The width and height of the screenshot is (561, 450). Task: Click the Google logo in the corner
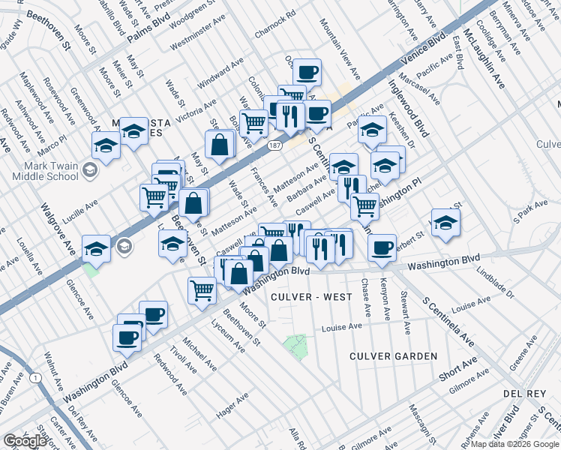(x=25, y=441)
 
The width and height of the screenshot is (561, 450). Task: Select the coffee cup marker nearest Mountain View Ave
(x=306, y=73)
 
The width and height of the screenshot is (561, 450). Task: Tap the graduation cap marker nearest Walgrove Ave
(x=97, y=248)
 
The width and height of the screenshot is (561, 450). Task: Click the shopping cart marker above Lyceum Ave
(x=202, y=289)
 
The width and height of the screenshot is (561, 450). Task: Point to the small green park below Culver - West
(x=295, y=346)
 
